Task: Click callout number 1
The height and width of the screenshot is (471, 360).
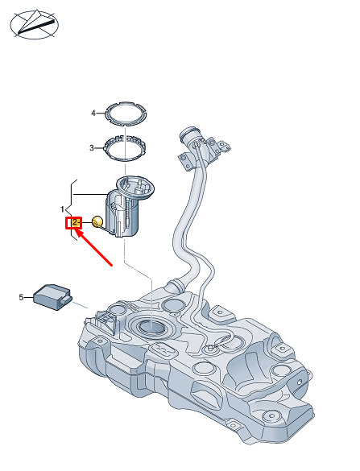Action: click(63, 209)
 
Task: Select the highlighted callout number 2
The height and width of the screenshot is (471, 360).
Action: click(74, 223)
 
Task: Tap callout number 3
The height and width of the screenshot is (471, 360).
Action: click(92, 148)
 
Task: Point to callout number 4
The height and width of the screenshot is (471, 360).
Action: click(93, 114)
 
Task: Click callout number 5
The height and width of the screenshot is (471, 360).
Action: click(21, 297)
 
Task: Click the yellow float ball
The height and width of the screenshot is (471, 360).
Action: click(97, 222)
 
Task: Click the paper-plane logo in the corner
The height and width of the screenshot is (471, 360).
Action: click(35, 24)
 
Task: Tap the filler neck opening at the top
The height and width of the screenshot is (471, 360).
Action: click(189, 134)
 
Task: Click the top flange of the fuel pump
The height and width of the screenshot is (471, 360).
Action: click(135, 188)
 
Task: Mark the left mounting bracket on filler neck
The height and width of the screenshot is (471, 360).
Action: click(185, 161)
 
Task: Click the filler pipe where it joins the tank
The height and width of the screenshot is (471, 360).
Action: click(176, 286)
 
